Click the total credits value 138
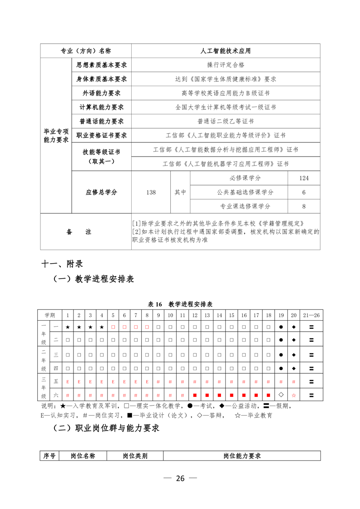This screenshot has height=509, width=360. [151, 192]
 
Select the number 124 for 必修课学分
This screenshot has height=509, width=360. [304, 178]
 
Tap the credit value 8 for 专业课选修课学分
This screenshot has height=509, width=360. [304, 206]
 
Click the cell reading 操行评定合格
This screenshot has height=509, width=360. [226, 65]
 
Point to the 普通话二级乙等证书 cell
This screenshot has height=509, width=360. [226, 121]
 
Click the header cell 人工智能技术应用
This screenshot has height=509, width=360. [226, 51]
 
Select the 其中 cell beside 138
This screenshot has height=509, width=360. [180, 192]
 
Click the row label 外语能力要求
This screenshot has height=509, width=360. [101, 93]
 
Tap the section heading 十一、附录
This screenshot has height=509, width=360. [62, 263]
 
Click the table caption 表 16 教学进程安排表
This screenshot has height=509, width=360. [180, 304]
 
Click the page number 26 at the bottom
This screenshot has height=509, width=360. [180, 479]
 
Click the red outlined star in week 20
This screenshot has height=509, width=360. [293, 395]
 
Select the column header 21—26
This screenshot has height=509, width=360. [311, 315]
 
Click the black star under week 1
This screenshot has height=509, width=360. [68, 327]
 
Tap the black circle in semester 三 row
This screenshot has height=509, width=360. [281, 355]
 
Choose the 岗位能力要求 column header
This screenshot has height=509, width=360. [242, 456]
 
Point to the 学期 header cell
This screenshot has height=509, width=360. [49, 315]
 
